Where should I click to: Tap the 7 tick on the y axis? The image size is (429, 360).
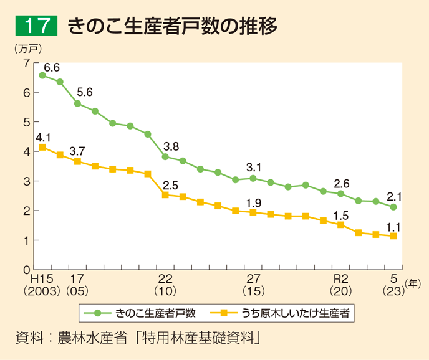coord(26,62)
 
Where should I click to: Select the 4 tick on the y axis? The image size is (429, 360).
coord(26,151)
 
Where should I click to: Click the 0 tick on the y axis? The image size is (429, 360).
coord(26,270)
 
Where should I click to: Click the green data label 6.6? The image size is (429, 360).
coord(51,67)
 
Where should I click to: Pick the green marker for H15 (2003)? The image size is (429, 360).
coord(42,75)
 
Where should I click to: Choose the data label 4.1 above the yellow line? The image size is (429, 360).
coord(43,137)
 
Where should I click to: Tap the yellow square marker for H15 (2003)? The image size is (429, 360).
coord(42,148)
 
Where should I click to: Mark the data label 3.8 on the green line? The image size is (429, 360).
coord(171,146)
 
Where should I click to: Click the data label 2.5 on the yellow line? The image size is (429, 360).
coord(171,184)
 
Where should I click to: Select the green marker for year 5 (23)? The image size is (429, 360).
coord(393,207)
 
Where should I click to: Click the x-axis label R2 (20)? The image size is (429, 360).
coord(340,284)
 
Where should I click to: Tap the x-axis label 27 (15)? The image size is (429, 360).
coord(253,284)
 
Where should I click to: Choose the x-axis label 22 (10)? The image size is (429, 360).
coord(165,284)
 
